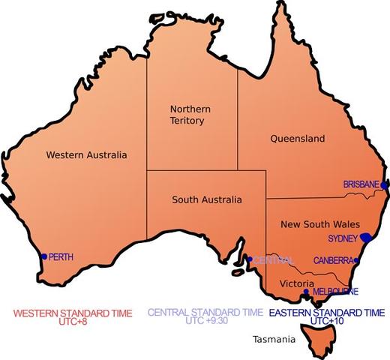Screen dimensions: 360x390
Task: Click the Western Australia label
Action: point(86,155)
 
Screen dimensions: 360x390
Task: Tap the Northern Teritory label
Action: point(190,115)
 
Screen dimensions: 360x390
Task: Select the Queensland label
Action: point(296,139)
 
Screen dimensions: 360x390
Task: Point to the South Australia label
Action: point(207,200)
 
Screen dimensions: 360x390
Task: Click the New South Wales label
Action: point(320,224)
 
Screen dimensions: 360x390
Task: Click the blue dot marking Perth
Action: point(44,256)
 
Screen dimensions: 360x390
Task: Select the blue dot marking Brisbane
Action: point(383,184)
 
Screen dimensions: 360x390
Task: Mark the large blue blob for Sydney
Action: point(367,238)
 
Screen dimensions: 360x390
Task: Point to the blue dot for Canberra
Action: point(357,261)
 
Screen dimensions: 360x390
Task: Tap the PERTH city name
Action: point(61,257)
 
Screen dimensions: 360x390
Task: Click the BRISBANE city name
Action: point(361,184)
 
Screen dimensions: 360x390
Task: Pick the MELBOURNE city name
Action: point(334,292)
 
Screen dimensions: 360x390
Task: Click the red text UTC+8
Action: point(73,322)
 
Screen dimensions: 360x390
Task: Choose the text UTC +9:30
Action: point(205,320)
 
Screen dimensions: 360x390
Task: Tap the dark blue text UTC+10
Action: point(326,321)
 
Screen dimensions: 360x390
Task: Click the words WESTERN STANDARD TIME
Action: point(73,312)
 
